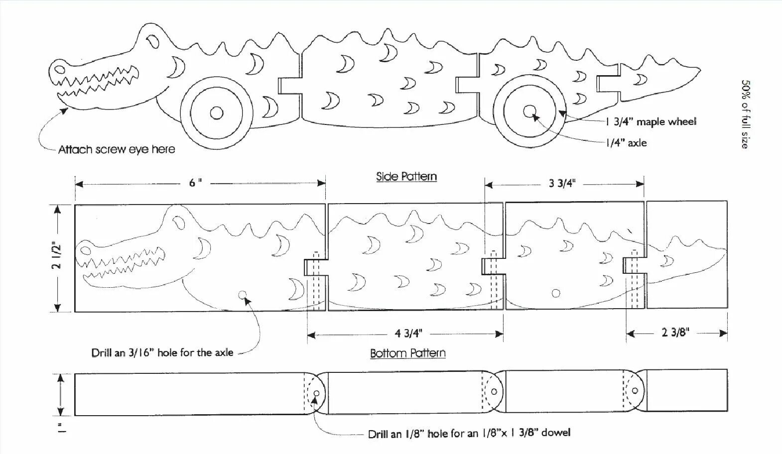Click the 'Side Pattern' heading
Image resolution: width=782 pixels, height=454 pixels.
pyautogui.click(x=406, y=176)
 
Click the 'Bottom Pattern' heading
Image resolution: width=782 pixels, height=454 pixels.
pyautogui.click(x=407, y=353)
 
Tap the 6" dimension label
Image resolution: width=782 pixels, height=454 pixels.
pyautogui.click(x=195, y=183)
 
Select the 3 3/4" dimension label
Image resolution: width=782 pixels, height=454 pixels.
pyautogui.click(x=562, y=183)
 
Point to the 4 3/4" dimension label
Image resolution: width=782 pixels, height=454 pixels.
pyautogui.click(x=408, y=334)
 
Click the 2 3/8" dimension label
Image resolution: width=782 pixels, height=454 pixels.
pyautogui.click(x=675, y=333)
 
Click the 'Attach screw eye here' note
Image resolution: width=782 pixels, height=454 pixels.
pyautogui.click(x=117, y=149)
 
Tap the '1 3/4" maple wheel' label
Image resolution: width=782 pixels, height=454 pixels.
pyautogui.click(x=651, y=121)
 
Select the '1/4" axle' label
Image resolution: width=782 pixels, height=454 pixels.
pyautogui.click(x=627, y=143)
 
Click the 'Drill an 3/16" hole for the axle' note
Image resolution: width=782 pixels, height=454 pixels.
pyautogui.click(x=162, y=353)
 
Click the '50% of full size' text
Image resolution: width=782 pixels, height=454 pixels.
pyautogui.click(x=745, y=114)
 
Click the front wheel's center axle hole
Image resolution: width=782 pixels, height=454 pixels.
pyautogui.click(x=216, y=113)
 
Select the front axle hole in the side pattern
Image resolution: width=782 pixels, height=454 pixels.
pyautogui.click(x=243, y=295)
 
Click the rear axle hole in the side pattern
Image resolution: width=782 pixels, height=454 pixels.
pyautogui.click(x=556, y=293)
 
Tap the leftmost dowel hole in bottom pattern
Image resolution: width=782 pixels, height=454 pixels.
pyautogui.click(x=316, y=394)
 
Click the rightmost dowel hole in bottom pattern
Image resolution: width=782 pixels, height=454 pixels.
pyautogui.click(x=635, y=391)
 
